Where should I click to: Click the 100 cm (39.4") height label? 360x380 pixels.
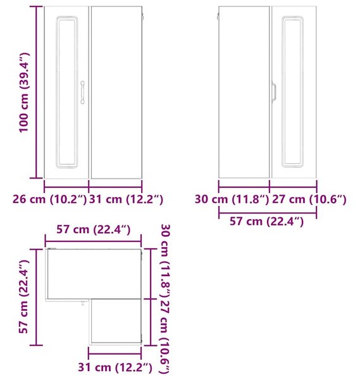[x=24, y=92]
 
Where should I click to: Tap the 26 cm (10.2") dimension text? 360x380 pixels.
[x=49, y=199]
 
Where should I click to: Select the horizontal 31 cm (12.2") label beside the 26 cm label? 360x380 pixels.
[x=126, y=199]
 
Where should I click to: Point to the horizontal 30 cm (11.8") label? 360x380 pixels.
[x=232, y=199]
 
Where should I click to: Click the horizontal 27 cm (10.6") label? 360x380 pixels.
[x=309, y=199]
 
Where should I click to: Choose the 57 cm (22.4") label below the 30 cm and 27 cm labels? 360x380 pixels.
[x=266, y=222]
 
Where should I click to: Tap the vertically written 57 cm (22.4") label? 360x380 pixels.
[x=23, y=297]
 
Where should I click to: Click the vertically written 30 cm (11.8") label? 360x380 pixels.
[x=166, y=261]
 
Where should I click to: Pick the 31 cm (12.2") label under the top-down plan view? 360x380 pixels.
[x=115, y=367]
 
